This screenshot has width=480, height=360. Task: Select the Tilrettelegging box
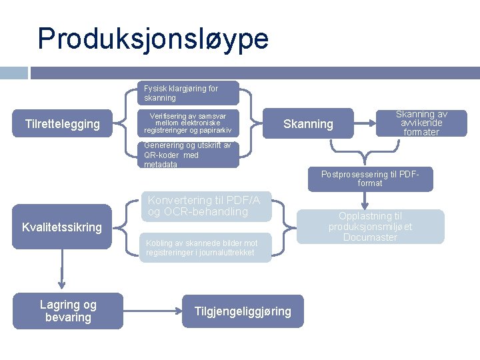tap(63, 123)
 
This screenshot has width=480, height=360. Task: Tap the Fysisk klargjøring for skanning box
tap(189, 93)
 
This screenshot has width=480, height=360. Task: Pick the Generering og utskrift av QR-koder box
tap(189, 155)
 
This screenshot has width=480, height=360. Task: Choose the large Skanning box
tap(308, 123)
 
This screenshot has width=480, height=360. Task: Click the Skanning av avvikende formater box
tap(421, 123)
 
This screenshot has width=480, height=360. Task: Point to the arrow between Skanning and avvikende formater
tap(364, 123)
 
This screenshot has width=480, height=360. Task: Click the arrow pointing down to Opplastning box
tap(365, 200)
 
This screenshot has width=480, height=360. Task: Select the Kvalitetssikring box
tap(62, 227)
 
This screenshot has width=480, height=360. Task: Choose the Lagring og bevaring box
tap(69, 311)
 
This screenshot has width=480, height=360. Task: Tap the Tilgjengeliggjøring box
tap(243, 311)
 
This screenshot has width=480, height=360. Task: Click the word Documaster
tap(370, 237)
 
